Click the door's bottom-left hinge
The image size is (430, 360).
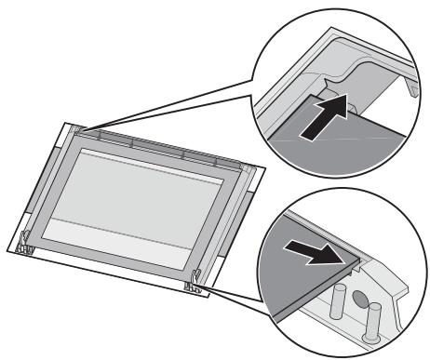[x=25, y=244]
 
